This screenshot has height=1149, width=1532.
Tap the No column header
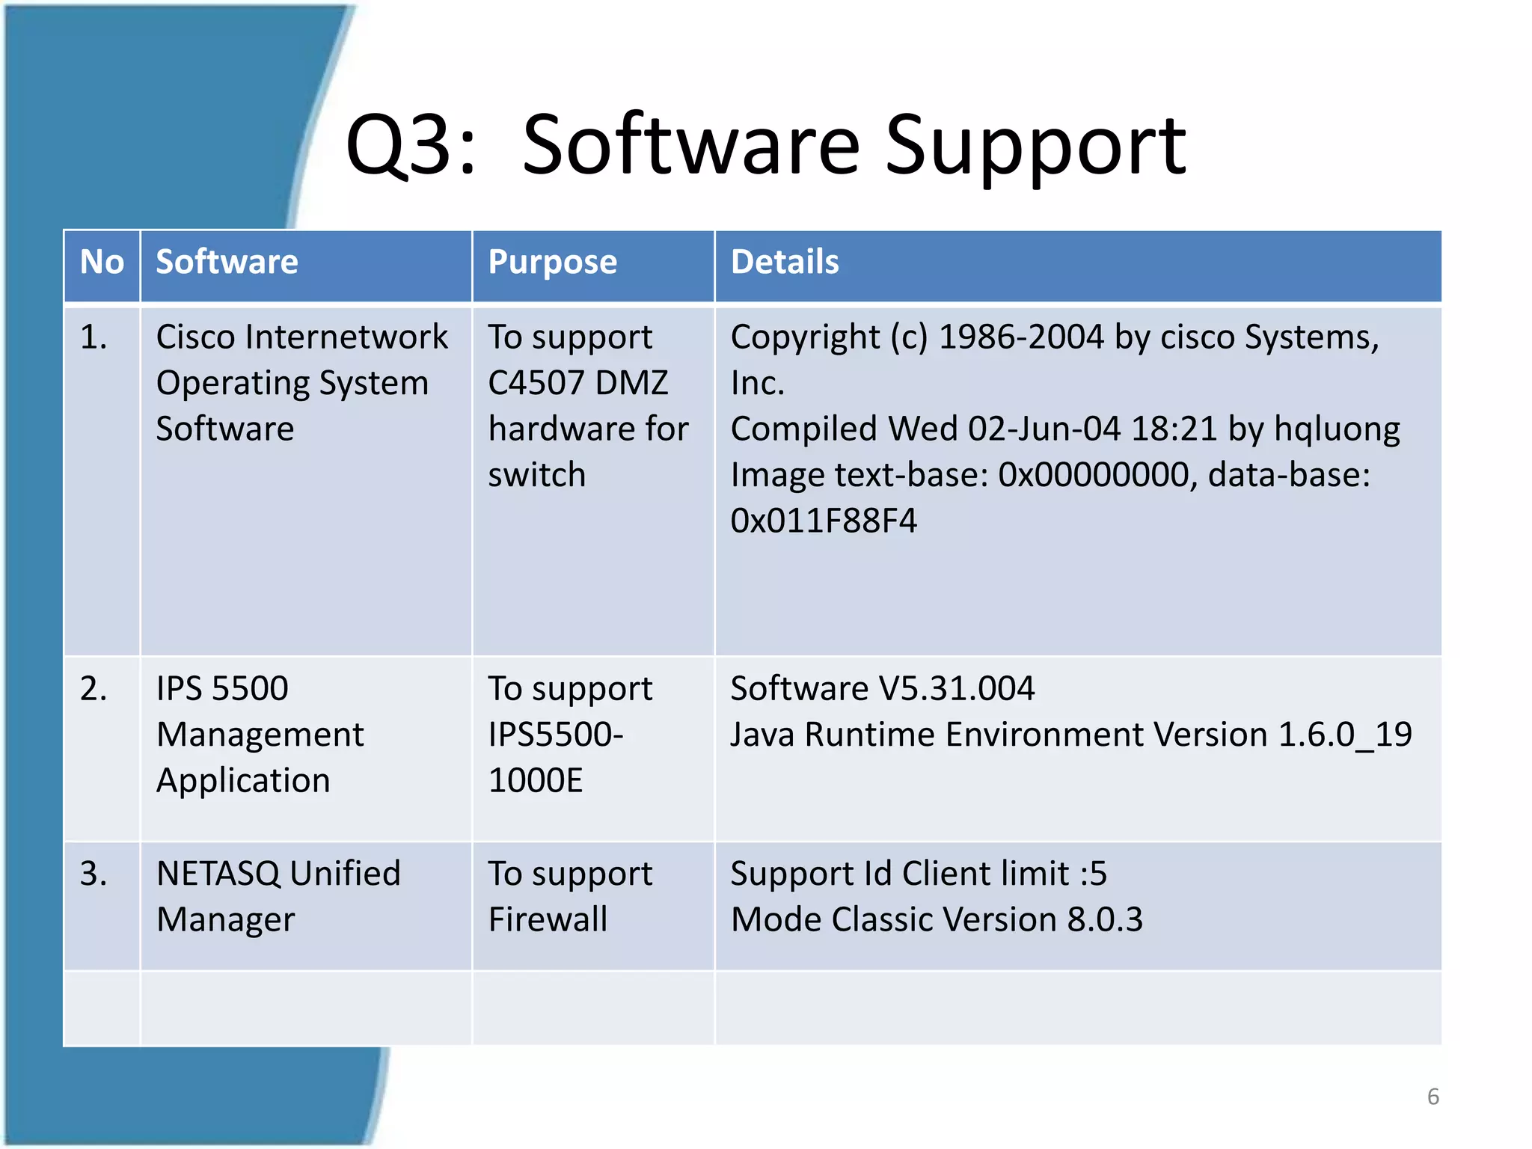102,263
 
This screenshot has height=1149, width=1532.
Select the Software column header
227,263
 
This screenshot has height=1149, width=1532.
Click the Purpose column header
552,263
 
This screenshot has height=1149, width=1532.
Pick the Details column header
785,263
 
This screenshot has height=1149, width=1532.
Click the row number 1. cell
94,337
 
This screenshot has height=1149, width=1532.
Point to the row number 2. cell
94,688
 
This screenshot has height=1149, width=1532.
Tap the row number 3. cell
94,874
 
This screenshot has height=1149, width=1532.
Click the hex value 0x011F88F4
824,521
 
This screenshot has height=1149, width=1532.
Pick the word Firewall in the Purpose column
548,919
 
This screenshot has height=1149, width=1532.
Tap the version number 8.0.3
1105,919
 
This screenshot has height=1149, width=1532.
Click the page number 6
1433,1097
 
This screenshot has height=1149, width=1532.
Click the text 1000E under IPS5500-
536,780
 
